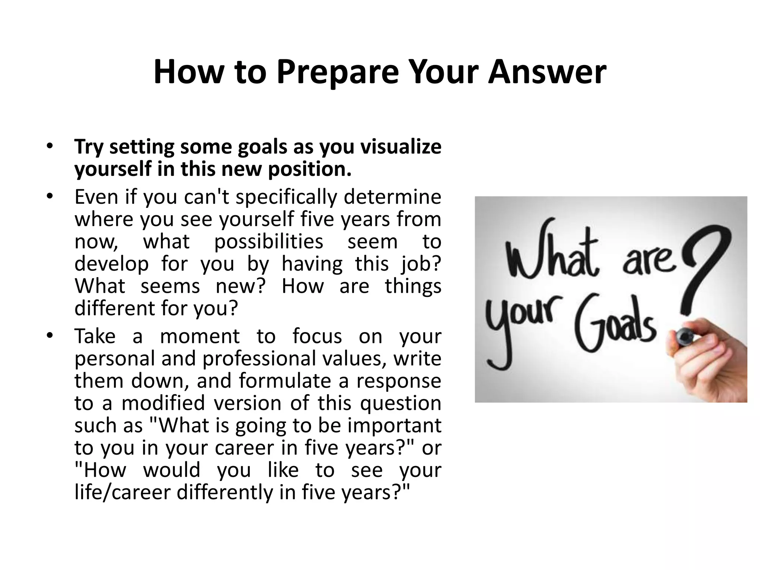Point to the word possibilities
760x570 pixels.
(x=269, y=242)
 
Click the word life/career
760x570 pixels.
(x=122, y=492)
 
